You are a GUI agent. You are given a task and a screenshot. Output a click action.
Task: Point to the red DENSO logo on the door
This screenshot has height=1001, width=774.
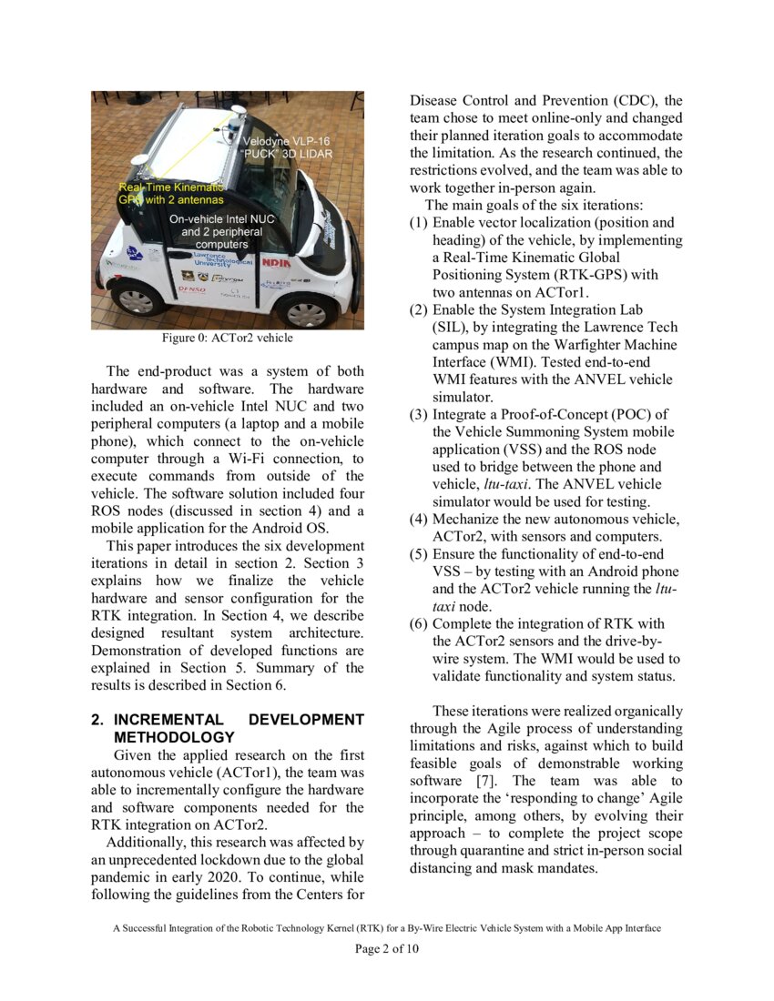[x=192, y=290]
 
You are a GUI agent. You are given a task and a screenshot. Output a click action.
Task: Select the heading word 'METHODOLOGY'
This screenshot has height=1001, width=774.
[x=174, y=737]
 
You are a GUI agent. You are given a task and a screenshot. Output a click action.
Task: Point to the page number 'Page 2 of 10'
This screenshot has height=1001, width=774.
[x=387, y=949]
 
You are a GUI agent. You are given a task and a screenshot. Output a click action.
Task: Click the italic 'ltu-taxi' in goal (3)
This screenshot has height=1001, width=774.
[x=535, y=484]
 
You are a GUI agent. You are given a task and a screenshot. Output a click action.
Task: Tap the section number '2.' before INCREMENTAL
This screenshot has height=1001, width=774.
[x=97, y=720]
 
